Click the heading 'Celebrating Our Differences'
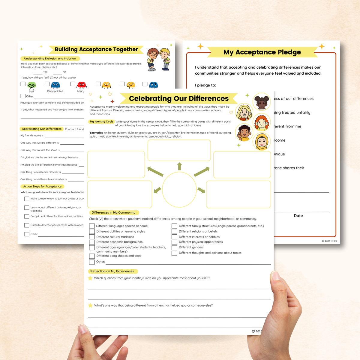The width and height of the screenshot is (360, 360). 179,98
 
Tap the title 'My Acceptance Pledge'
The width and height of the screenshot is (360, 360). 262,52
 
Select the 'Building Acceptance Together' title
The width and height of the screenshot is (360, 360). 96,49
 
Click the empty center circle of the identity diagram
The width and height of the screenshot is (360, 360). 179,190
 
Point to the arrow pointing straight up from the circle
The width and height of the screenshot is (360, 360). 179,166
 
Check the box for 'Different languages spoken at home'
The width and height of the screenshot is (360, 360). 92,226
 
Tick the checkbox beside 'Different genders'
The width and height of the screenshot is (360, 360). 174,247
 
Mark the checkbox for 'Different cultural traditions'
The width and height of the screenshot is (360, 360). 92,237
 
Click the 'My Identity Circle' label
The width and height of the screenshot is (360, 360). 102,121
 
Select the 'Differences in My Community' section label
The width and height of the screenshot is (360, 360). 113,212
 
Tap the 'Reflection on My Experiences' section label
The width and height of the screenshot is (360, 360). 112,271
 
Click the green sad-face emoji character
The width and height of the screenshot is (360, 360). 31,85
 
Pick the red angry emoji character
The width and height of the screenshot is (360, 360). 81,85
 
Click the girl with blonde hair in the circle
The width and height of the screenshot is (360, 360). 244,112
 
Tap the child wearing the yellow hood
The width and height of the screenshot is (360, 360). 262,142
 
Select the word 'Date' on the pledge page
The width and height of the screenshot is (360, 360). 298,216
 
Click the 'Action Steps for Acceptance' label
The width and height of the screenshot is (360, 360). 42,186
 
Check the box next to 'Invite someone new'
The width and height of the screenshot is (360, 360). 27,199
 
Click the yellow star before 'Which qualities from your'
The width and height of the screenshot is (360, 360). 90,278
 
